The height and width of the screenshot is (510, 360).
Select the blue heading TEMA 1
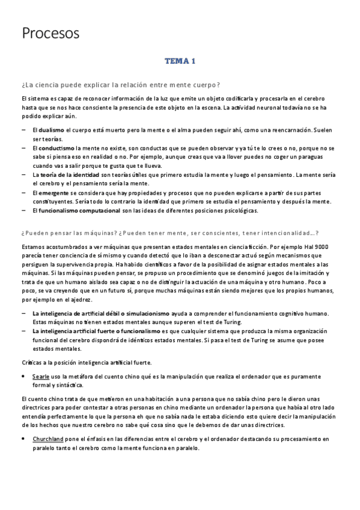tap(180, 61)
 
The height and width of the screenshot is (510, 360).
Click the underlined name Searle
tap(41, 376)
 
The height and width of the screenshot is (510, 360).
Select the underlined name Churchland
tap(49, 440)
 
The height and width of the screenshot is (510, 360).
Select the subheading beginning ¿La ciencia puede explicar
tap(120, 84)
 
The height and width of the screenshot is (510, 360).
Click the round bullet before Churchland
tap(23, 440)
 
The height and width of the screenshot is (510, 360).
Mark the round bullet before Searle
tap(23, 376)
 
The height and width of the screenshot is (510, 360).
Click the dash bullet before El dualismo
tap(23, 130)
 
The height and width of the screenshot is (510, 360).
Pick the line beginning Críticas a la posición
tap(86, 362)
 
